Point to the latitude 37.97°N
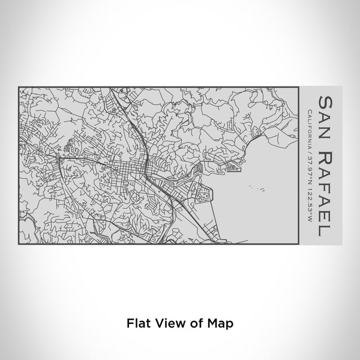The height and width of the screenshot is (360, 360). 308,166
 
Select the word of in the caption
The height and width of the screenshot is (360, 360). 196,322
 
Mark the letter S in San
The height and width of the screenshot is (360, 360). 325,100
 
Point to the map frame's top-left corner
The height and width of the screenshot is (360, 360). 19,88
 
